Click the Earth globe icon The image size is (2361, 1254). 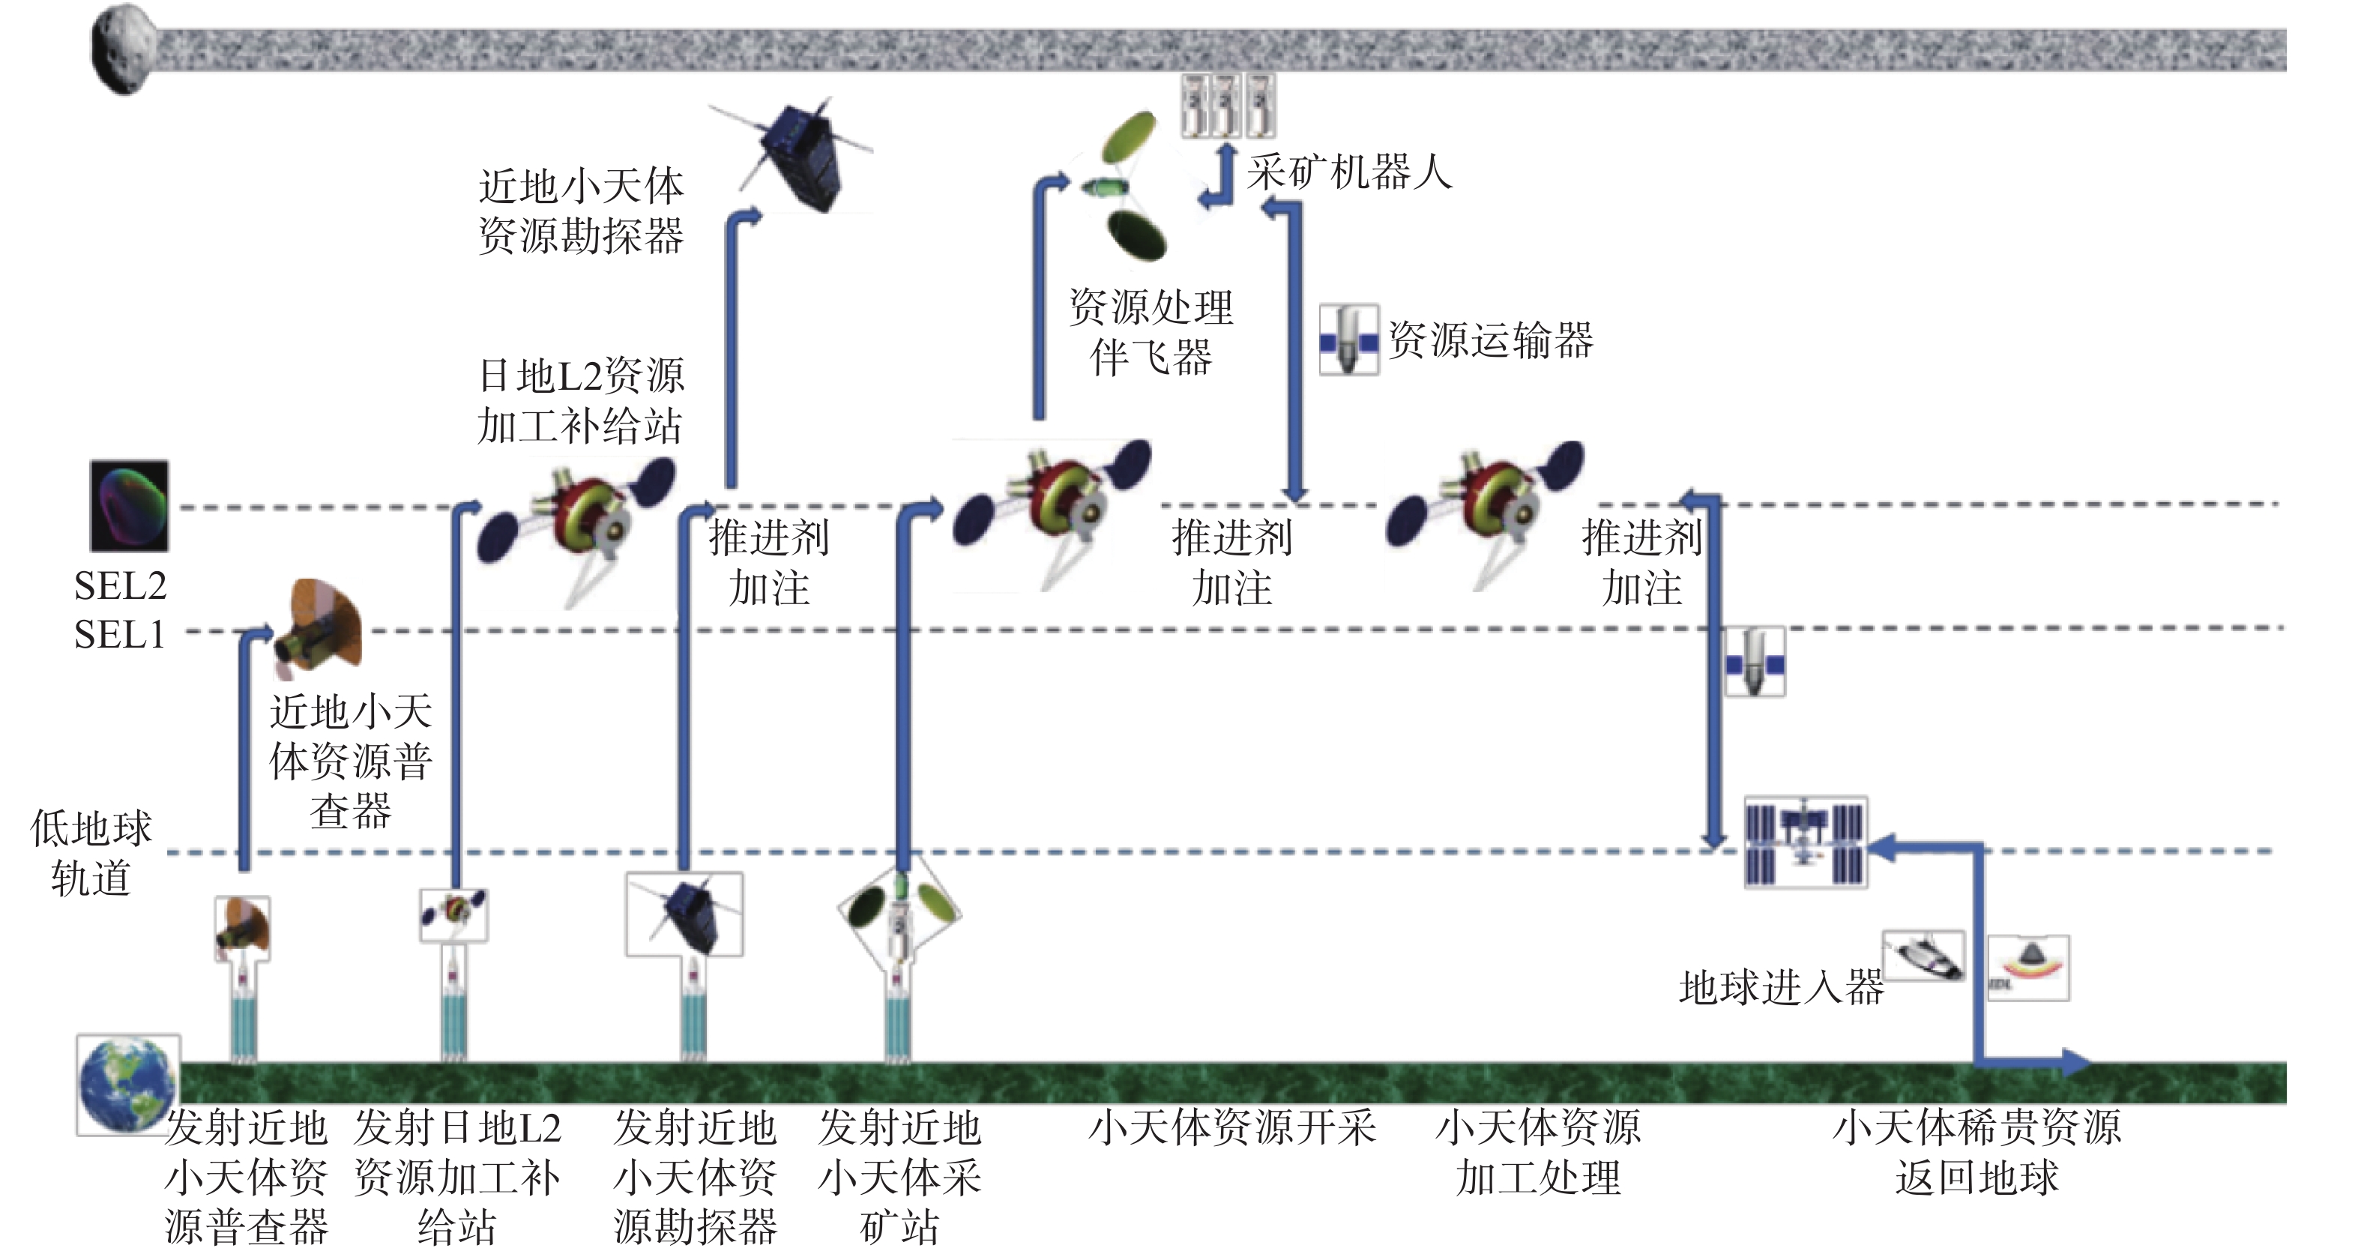pos(127,1085)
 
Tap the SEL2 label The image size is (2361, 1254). pos(120,585)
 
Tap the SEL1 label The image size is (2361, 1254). pos(119,634)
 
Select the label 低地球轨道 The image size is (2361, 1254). pos(91,852)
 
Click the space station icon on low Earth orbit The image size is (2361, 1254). pos(1805,842)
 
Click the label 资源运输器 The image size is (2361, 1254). pos(1492,340)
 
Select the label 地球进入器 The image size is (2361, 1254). pos(1781,987)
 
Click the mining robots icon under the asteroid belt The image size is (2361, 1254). pos(1227,106)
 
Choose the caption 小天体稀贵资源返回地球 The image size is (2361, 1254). pos(1977,1152)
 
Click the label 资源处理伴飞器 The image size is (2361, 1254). pos(1151,332)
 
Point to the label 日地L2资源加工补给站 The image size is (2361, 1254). pos(581,400)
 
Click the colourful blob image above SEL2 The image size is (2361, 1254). pos(129,505)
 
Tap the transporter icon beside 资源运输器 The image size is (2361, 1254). pos(1348,340)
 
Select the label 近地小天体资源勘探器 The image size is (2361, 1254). pos(581,211)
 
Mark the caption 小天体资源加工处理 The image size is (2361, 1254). pos(1538,1152)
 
